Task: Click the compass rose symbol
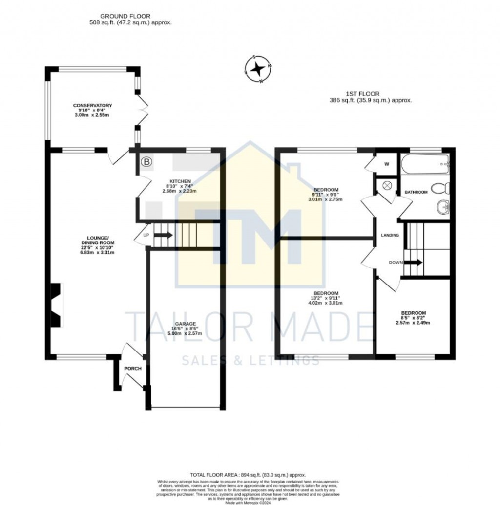click(258, 69)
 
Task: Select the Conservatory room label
click(92, 106)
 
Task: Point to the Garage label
click(186, 324)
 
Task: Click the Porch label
click(132, 368)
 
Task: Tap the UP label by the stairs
click(146, 235)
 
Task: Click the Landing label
click(390, 235)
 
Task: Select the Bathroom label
click(416, 192)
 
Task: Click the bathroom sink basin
click(444, 207)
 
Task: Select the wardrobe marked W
click(386, 164)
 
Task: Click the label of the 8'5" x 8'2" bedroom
click(413, 313)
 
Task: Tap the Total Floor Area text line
click(248, 475)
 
